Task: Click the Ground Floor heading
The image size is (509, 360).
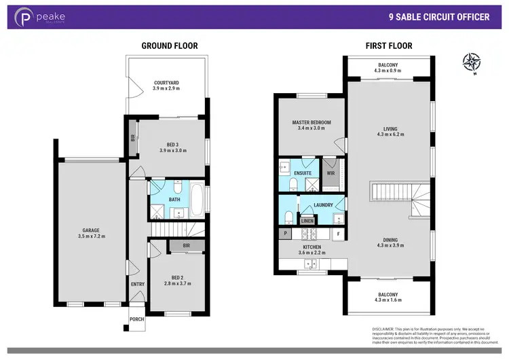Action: (x=169, y=46)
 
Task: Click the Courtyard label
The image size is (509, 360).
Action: (x=165, y=83)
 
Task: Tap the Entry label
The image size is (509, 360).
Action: (x=138, y=284)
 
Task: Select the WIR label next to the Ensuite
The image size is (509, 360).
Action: (x=331, y=173)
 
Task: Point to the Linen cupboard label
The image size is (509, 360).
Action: (x=308, y=221)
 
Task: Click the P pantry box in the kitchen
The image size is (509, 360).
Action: (x=285, y=234)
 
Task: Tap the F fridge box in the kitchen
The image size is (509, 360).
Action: (x=338, y=234)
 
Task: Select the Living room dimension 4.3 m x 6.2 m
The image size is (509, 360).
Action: (x=390, y=134)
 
